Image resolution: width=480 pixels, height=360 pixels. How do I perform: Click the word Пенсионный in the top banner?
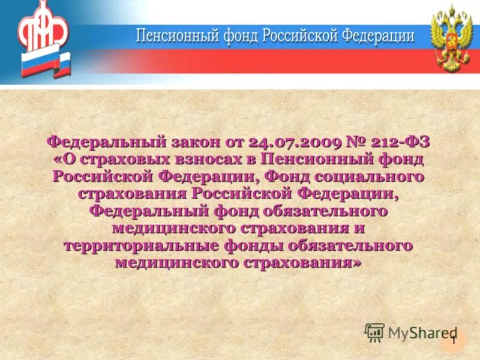[x=176, y=36]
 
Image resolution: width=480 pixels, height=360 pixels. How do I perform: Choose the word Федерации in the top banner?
[x=379, y=36]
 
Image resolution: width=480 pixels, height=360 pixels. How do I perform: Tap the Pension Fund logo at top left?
[x=43, y=27]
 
